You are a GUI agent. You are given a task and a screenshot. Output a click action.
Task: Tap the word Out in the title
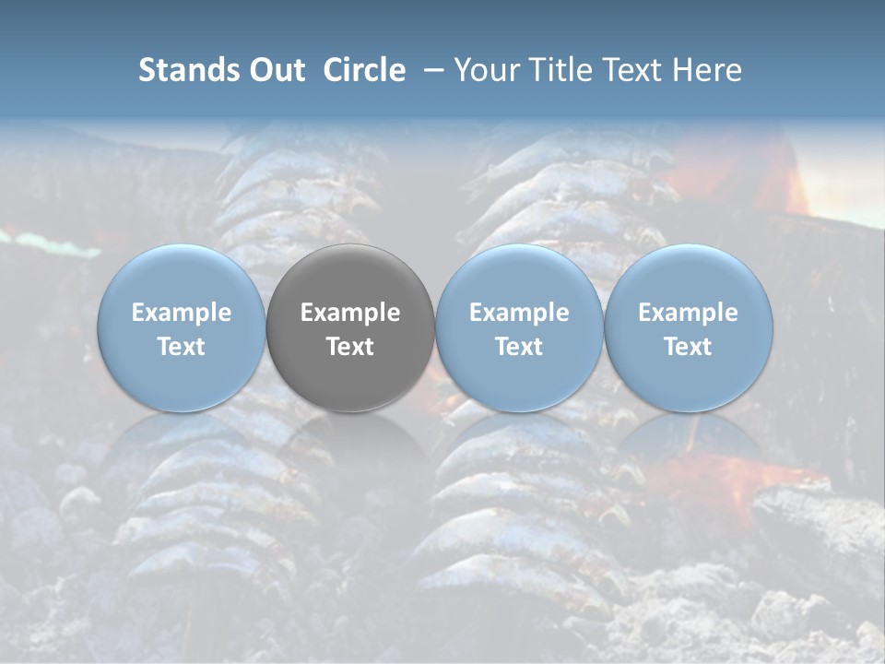click(274, 70)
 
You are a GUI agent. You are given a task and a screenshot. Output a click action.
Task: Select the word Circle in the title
click(363, 70)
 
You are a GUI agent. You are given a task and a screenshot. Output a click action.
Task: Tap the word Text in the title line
click(630, 70)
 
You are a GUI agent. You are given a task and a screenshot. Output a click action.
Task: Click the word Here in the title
click(706, 70)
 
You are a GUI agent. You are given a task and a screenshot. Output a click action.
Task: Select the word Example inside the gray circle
click(350, 313)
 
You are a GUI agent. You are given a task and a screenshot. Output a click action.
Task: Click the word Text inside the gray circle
click(350, 347)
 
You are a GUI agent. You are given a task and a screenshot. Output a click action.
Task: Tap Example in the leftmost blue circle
click(182, 313)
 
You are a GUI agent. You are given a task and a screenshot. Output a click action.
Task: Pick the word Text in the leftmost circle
click(182, 347)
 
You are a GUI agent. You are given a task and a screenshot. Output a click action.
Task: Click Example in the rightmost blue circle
click(689, 313)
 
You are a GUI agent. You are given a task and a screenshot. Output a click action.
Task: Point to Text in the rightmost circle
click(689, 347)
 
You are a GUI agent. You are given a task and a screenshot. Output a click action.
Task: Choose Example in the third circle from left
click(519, 313)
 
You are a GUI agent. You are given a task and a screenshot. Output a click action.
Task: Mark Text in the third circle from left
click(519, 347)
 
